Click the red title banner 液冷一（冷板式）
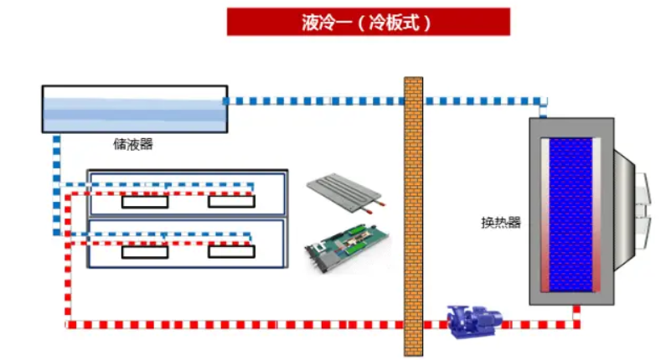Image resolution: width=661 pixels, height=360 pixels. pyautogui.click(x=368, y=22)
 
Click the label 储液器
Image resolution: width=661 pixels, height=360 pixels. pyautogui.click(x=133, y=144)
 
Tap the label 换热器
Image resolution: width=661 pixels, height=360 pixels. pyautogui.click(x=501, y=222)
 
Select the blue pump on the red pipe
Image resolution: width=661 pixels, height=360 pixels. pyautogui.click(x=473, y=321)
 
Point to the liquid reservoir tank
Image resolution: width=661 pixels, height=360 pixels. pyautogui.click(x=134, y=109)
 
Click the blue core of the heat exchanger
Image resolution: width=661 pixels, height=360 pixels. pyautogui.click(x=571, y=214)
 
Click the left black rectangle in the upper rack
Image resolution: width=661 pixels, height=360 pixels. pyautogui.click(x=145, y=202)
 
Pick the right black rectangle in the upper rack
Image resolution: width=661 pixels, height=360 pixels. pyautogui.click(x=231, y=202)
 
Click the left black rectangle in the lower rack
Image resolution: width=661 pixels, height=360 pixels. pyautogui.click(x=145, y=251)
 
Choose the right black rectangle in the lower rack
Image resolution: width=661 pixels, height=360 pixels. pyautogui.click(x=231, y=251)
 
